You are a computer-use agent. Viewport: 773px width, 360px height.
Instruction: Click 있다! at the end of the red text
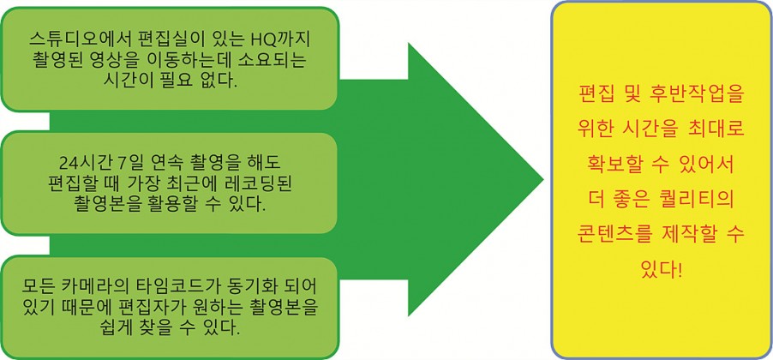pos(661,271)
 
